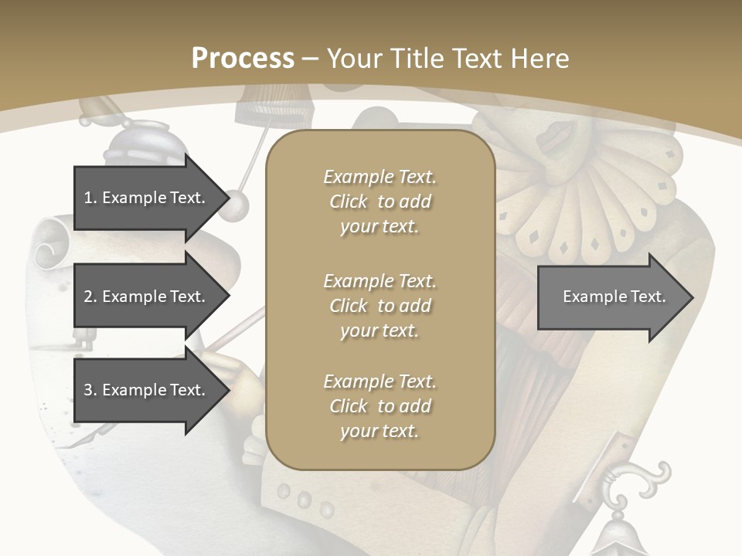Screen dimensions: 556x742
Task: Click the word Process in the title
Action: click(243, 59)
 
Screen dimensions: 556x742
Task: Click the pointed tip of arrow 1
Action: click(228, 198)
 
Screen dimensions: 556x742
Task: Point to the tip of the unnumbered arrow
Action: click(692, 297)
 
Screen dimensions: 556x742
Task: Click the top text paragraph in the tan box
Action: click(380, 202)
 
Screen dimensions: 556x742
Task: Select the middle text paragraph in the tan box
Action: click(380, 306)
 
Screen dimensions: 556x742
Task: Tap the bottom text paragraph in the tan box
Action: click(380, 406)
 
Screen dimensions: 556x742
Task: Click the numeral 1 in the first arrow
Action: click(88, 198)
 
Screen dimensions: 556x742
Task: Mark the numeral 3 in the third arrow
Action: click(88, 390)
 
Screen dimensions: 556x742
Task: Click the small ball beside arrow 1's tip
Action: click(239, 205)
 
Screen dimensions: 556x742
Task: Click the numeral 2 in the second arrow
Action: click(88, 297)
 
